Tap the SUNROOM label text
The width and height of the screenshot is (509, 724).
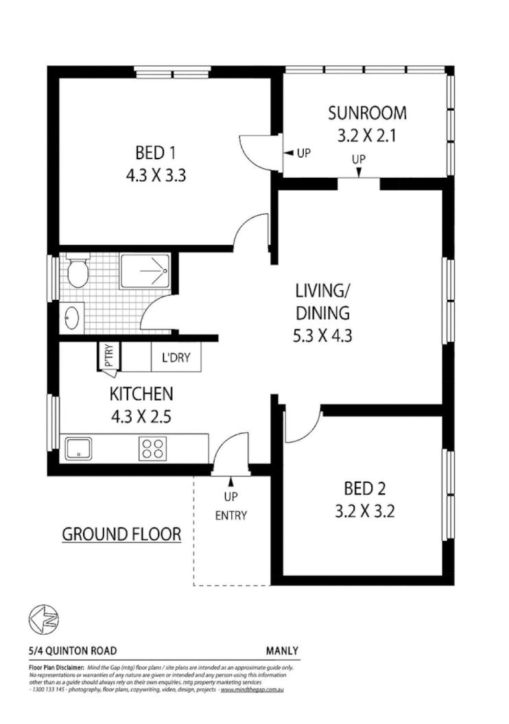point(366,113)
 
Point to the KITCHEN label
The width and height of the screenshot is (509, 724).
point(141,394)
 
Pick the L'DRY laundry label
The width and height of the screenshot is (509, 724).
point(180,358)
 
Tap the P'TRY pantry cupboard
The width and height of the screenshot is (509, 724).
point(108,357)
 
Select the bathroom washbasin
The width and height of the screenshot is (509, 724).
point(73,318)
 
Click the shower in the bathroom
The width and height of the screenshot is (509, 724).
point(145,271)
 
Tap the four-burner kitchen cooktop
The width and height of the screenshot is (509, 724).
point(152,448)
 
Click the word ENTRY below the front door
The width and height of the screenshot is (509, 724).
point(230,515)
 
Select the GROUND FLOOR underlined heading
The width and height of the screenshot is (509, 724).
point(121,534)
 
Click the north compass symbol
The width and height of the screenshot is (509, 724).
point(43,619)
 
